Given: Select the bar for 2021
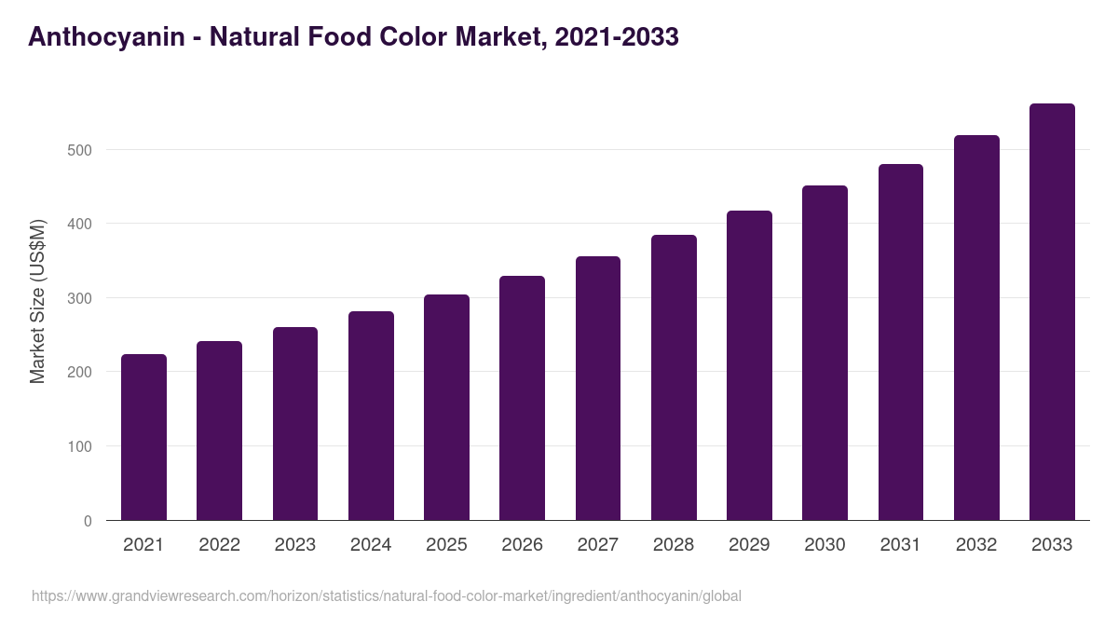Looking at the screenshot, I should coord(143,437).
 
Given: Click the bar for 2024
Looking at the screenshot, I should coord(371,416).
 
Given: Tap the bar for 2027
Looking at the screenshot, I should coord(598,389).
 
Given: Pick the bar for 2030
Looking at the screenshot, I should coord(825,353).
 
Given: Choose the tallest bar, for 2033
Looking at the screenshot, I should coord(1052,312).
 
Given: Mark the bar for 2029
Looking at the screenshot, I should coord(749,365).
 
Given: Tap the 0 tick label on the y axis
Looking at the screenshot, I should coord(88,521).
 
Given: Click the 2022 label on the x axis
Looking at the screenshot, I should coord(219,545).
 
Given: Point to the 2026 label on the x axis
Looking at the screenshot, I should coord(522,545).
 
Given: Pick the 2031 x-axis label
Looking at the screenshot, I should coord(901,545).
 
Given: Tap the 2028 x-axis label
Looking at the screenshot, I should coord(674,545).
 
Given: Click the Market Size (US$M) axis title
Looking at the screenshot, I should coord(38,302).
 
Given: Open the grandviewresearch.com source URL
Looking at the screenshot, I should coord(387,596).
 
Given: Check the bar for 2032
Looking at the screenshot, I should coord(976,328).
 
